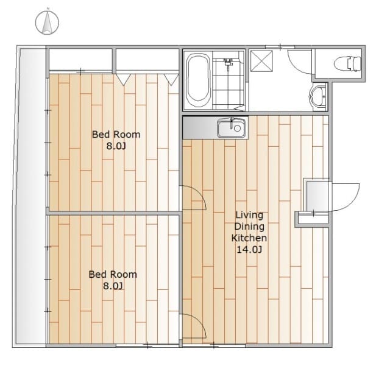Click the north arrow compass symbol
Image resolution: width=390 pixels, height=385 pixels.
pyautogui.click(x=47, y=23)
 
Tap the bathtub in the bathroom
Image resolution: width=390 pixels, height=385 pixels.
pyautogui.click(x=198, y=79)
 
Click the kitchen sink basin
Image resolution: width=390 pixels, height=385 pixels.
pyautogui.click(x=232, y=128)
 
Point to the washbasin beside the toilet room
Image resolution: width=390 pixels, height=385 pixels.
pyautogui.click(x=317, y=96)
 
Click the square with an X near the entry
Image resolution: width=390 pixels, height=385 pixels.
pyautogui.click(x=261, y=61)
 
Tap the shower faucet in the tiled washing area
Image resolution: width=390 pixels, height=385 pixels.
pyautogui.click(x=227, y=62)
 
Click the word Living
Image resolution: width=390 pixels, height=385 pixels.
pyautogui.click(x=249, y=215)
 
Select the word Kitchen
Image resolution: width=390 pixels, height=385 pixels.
pyautogui.click(x=249, y=238)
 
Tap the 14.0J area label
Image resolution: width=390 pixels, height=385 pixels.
pyautogui.click(x=249, y=249)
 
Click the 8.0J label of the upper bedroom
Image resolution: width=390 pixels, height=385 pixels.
pyautogui.click(x=116, y=146)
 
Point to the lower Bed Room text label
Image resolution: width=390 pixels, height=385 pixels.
pyautogui.click(x=113, y=275)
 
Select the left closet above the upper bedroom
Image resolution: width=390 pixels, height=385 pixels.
pyautogui.click(x=80, y=60)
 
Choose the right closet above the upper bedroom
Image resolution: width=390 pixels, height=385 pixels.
pyautogui.click(x=147, y=60)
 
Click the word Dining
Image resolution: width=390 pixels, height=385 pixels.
pyautogui.click(x=249, y=227)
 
